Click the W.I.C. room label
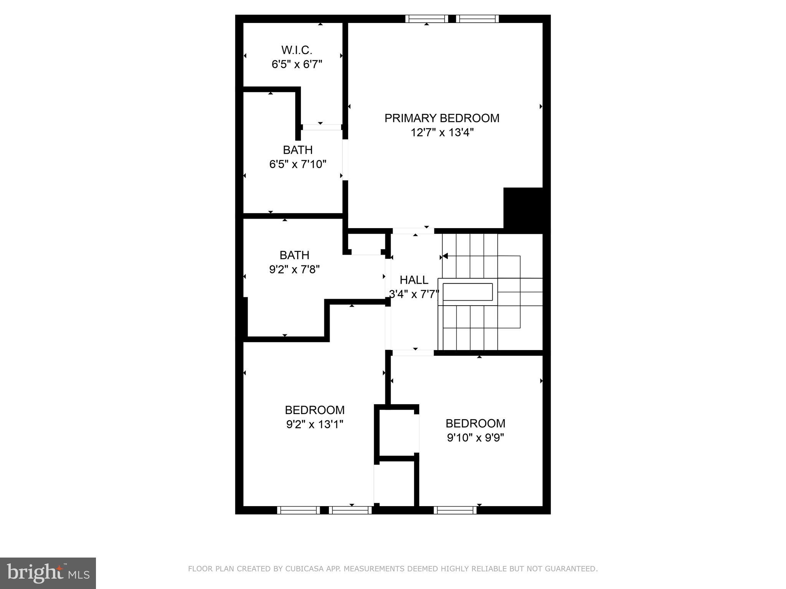(297, 50)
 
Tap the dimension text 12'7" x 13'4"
(442, 133)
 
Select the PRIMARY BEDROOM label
(442, 118)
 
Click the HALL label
(414, 280)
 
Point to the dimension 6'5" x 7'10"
(298, 165)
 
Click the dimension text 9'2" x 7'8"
(294, 270)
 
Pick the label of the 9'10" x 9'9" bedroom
(475, 423)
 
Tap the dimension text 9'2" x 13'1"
(315, 424)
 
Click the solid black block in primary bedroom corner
(523, 209)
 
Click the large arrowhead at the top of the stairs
(445, 256)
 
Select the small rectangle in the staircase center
(467, 292)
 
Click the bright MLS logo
(48, 573)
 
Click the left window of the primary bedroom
(427, 18)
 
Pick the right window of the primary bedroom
(477, 18)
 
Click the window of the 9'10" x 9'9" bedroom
(455, 510)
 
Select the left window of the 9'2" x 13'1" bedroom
(298, 510)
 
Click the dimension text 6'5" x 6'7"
(297, 64)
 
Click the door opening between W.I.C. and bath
(321, 127)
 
